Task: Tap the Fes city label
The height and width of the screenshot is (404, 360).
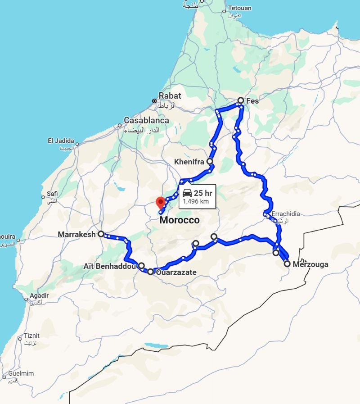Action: (252, 101)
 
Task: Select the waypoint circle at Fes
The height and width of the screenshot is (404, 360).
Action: (241, 100)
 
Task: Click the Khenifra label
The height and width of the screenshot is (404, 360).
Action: (189, 161)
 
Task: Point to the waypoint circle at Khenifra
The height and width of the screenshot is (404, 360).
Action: (210, 161)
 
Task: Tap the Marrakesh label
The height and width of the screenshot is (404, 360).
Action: (76, 234)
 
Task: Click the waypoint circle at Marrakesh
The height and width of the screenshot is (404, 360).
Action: (101, 234)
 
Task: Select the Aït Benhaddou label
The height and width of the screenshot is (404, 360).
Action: (109, 266)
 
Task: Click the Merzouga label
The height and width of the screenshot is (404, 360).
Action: (310, 264)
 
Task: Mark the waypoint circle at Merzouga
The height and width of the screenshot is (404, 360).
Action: (287, 264)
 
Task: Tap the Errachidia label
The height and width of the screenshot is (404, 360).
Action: (285, 214)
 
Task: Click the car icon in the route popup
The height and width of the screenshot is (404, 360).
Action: (187, 193)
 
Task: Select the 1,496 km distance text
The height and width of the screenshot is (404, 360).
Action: (196, 201)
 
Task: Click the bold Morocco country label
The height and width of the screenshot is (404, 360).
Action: (179, 220)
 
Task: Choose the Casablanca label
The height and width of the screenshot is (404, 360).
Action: (146, 120)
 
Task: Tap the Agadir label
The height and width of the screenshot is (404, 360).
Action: (39, 296)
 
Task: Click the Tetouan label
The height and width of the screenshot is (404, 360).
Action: (240, 8)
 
